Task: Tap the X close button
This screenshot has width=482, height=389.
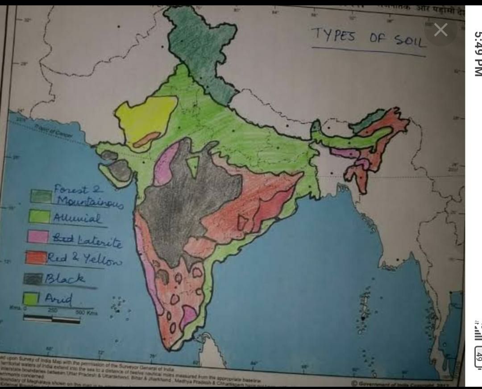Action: click(x=440, y=30)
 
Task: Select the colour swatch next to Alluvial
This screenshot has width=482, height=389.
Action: click(x=40, y=217)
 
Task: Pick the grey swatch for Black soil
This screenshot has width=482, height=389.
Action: click(x=33, y=279)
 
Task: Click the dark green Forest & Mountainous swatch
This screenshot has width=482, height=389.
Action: click(x=41, y=196)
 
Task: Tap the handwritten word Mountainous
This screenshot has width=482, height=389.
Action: click(x=88, y=203)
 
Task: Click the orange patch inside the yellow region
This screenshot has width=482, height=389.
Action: click(x=146, y=139)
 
